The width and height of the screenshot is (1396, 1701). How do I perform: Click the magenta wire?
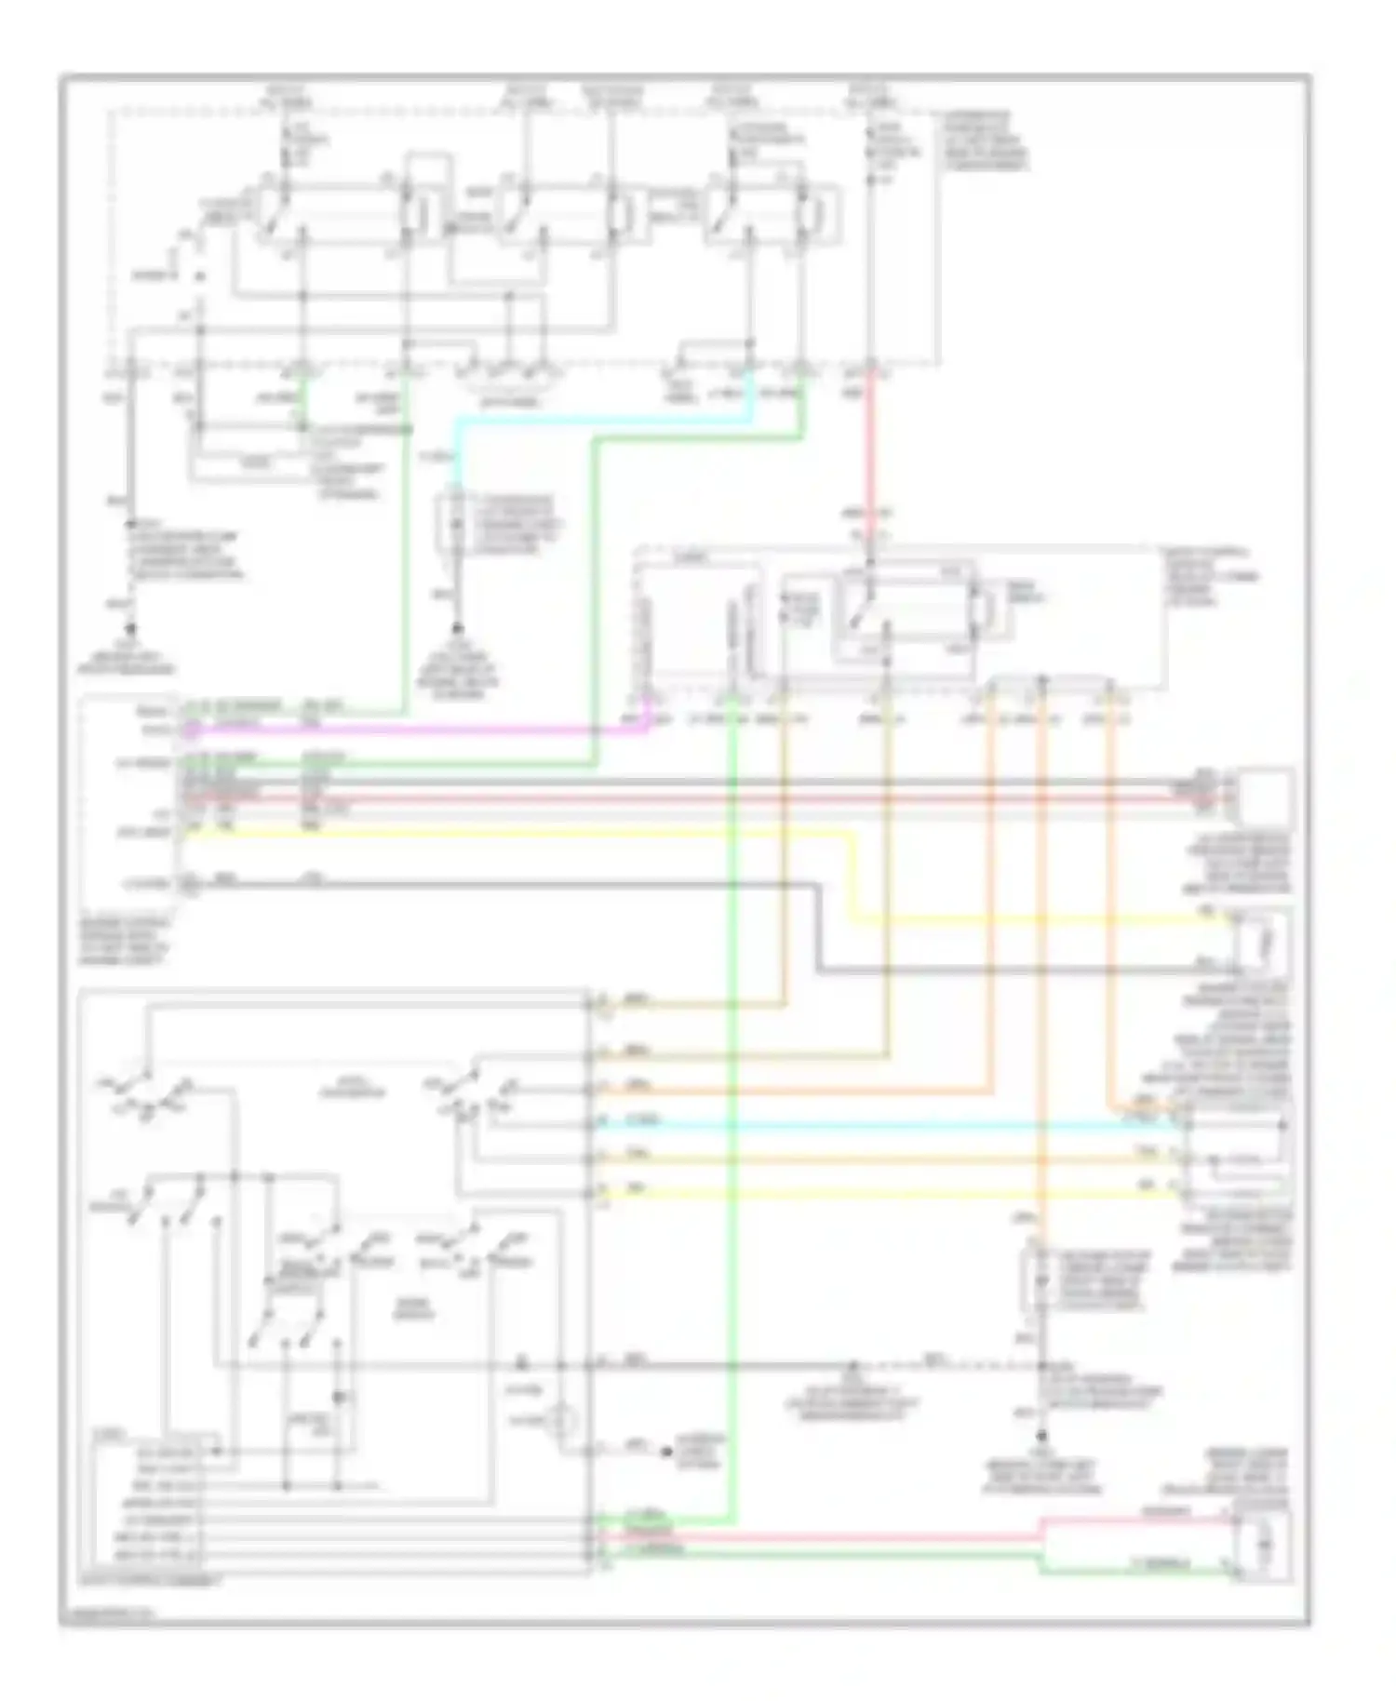tap(419, 730)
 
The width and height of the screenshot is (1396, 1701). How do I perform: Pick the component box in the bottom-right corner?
tap(1264, 1545)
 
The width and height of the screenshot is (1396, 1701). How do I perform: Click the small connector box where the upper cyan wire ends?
tap(456, 526)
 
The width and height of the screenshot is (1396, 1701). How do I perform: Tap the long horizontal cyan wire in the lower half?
tap(884, 1124)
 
